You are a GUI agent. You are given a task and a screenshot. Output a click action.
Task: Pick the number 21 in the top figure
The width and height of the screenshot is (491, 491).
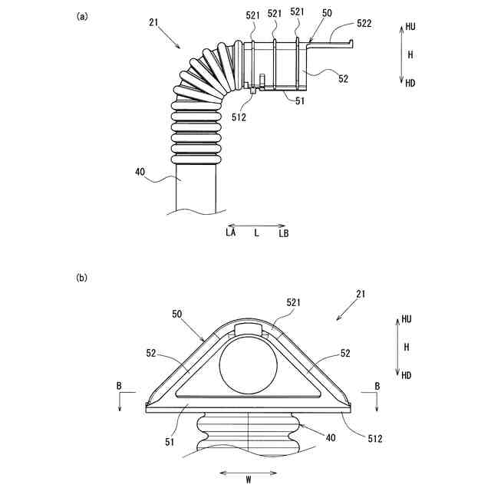point(155,24)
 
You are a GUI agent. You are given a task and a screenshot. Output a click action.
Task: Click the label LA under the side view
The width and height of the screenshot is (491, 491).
point(230,232)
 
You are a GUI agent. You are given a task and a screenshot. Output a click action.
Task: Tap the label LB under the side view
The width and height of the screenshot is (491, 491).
point(283,232)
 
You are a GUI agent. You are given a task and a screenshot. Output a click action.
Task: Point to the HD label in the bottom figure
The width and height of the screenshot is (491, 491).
point(406,375)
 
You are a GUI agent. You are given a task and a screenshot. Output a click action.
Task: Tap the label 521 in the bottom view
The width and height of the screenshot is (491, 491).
point(295,305)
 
